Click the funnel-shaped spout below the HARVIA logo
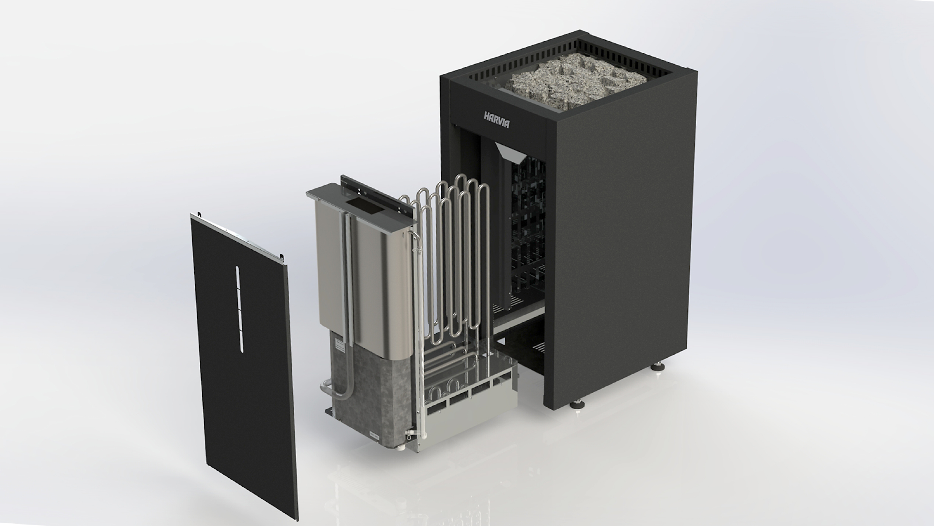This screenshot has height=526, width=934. (x=507, y=151)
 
